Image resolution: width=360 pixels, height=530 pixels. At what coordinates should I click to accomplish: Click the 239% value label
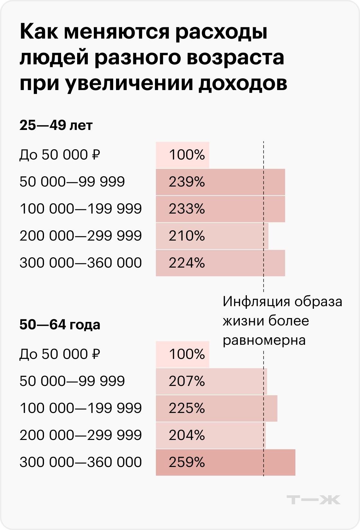tap(187, 182)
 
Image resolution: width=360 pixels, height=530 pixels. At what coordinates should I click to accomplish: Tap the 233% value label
tap(187, 209)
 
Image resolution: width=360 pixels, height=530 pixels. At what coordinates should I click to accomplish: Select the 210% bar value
tap(187, 236)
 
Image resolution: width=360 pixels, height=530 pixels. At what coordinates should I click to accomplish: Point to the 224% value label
tap(187, 263)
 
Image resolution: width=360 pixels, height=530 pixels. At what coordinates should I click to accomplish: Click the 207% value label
tap(187, 381)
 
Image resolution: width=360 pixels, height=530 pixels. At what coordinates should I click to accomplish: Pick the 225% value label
tap(187, 408)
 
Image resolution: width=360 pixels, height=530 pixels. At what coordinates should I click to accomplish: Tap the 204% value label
tap(187, 435)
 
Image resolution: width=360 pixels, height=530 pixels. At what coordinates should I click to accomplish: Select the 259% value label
tap(187, 462)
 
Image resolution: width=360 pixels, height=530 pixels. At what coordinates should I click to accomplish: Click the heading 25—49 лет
tap(56, 125)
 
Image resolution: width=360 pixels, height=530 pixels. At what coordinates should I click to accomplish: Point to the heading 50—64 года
tap(60, 325)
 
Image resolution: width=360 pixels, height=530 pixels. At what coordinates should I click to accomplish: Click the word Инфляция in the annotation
tap(256, 302)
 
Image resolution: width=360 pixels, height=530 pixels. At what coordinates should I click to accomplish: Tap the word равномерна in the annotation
tap(264, 340)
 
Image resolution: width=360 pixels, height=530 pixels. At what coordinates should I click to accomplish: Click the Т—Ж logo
tap(313, 500)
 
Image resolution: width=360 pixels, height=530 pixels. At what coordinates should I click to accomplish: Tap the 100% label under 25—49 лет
tap(187, 155)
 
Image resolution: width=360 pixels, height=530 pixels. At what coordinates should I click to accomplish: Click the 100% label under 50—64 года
tap(187, 354)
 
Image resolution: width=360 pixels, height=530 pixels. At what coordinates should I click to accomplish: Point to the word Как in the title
tap(39, 32)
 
